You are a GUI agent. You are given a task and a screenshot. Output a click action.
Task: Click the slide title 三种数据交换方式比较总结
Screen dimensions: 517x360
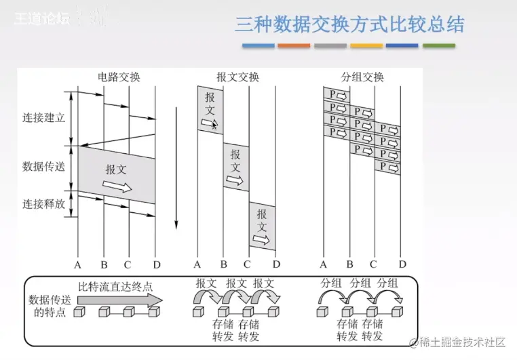click(x=349, y=25)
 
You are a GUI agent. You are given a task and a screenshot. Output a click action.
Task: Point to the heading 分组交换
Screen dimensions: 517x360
click(x=362, y=77)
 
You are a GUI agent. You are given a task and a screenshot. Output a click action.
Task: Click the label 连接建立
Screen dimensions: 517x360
click(x=43, y=117)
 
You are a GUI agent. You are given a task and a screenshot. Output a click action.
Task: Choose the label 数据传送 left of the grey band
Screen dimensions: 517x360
click(x=43, y=167)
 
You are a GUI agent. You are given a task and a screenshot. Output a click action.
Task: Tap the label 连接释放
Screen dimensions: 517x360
click(x=43, y=203)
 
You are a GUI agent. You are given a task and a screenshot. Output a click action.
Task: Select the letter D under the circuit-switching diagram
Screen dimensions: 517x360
click(x=157, y=264)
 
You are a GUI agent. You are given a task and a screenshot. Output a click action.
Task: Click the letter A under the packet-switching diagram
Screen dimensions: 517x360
click(x=324, y=264)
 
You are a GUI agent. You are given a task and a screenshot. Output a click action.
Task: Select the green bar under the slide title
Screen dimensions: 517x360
click(x=439, y=46)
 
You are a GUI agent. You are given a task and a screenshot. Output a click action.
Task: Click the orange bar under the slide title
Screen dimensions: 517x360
click(x=294, y=46)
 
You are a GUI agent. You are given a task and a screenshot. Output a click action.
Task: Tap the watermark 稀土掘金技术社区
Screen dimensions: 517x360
click(x=462, y=342)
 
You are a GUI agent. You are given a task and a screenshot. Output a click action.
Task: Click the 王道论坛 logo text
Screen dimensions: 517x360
click(x=42, y=18)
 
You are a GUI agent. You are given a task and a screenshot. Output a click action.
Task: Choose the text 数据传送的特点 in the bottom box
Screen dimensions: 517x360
click(x=47, y=306)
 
